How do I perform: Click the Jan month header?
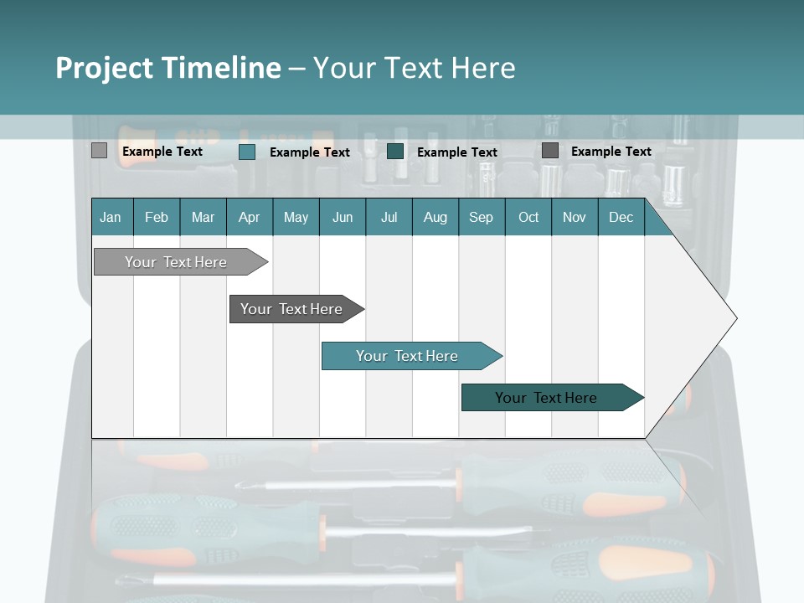point(111,217)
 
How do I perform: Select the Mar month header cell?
point(203,217)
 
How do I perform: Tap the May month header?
point(296,217)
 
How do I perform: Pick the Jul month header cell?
point(389,217)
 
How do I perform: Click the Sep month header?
point(481,217)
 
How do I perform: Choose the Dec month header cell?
point(621,217)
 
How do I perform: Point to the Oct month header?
point(528,217)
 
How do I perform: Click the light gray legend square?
point(99,151)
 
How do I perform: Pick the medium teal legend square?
point(247,152)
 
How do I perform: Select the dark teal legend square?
point(395,152)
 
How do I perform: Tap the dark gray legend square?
point(550,151)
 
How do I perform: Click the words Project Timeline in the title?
point(167,68)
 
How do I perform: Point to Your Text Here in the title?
point(414,68)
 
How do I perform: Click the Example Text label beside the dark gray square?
point(611,152)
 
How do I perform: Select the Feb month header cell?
point(157,217)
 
